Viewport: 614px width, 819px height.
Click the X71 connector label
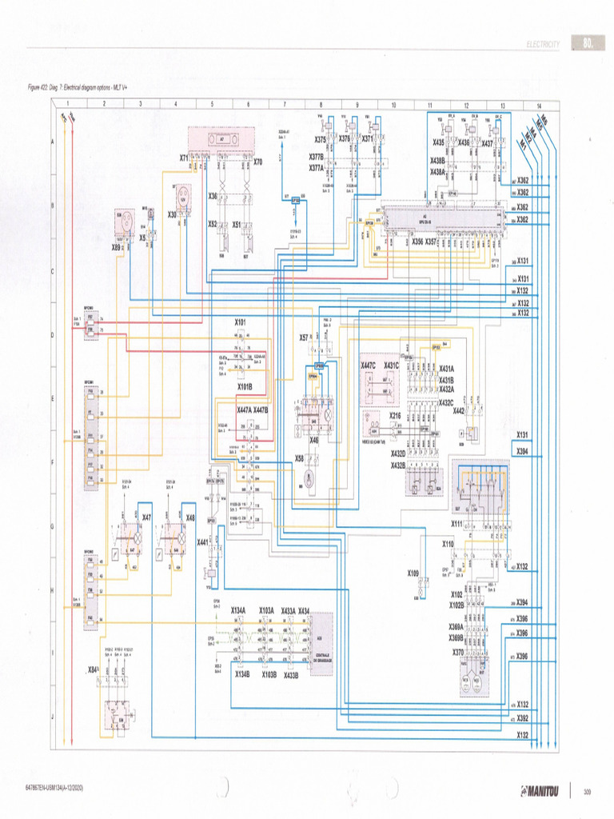184,158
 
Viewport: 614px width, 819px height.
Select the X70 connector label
257,162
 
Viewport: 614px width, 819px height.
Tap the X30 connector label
172,214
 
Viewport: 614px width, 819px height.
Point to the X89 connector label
116,247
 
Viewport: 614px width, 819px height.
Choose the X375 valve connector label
320,138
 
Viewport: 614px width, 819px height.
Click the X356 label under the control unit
417,241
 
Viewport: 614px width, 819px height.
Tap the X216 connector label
395,416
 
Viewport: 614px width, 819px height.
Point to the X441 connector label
203,541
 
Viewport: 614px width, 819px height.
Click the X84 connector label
94,669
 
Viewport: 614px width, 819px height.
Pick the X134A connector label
238,610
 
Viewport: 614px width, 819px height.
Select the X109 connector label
413,573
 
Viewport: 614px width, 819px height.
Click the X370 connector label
457,652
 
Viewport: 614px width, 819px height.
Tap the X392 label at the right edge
522,719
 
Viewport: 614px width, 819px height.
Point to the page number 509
587,792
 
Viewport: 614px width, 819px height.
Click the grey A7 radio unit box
221,138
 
